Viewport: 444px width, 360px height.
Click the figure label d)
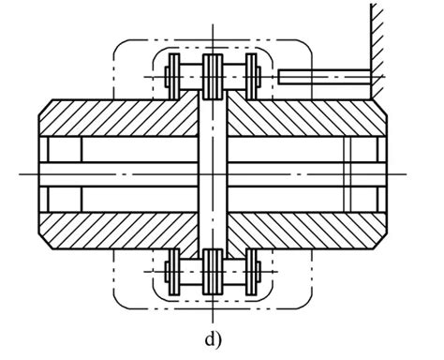click(215, 338)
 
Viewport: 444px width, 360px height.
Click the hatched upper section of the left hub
click(122, 117)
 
